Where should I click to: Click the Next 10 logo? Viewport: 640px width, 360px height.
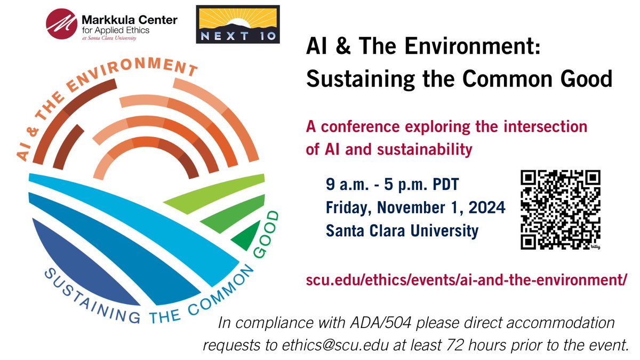point(238,26)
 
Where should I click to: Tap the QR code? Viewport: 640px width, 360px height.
point(561,210)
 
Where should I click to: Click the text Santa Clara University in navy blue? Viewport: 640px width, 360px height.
point(402,231)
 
